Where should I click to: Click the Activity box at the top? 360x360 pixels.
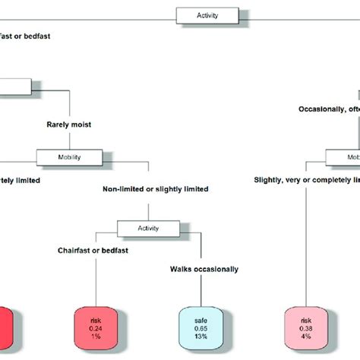207,14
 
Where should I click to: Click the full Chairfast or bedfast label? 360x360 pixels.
92,248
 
